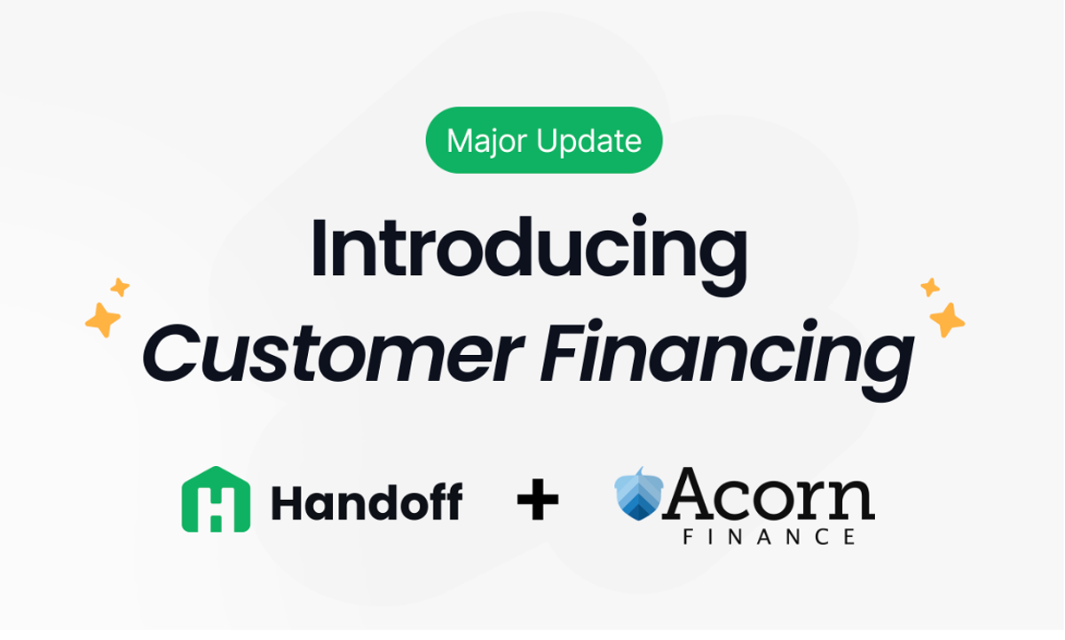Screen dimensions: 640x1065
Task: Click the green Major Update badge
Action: [544, 140]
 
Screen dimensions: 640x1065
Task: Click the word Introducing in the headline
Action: [529, 249]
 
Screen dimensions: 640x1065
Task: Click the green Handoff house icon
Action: [215, 500]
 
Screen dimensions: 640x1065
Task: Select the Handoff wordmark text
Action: [367, 502]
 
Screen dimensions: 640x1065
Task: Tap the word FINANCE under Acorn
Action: [769, 536]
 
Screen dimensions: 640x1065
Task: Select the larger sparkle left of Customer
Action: [103, 319]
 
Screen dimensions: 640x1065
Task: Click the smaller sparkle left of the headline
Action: [120, 287]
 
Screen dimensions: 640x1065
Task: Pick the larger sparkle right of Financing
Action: [946, 319]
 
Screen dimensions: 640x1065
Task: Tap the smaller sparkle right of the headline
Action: [930, 287]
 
